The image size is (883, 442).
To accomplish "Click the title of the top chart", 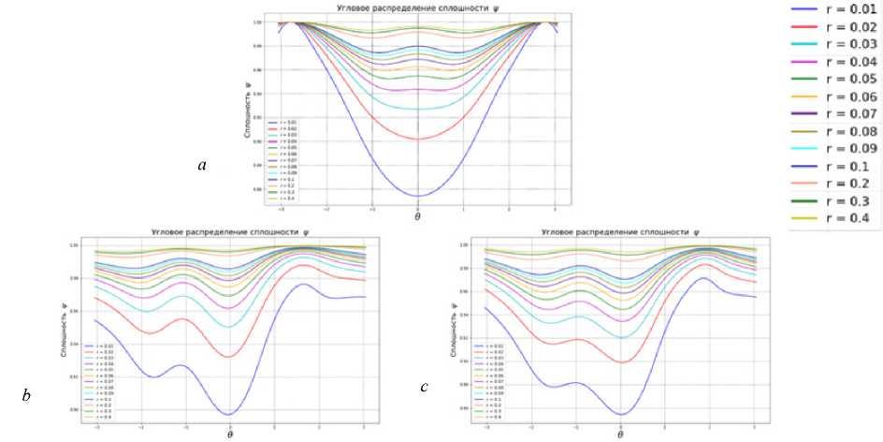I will (x=417, y=9).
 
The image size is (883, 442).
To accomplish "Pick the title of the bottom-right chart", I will (x=621, y=231).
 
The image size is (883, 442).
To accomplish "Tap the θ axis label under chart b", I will (x=229, y=435).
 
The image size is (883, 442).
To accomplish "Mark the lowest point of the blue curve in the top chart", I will (x=418, y=196).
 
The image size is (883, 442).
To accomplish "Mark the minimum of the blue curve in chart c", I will (x=620, y=414).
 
